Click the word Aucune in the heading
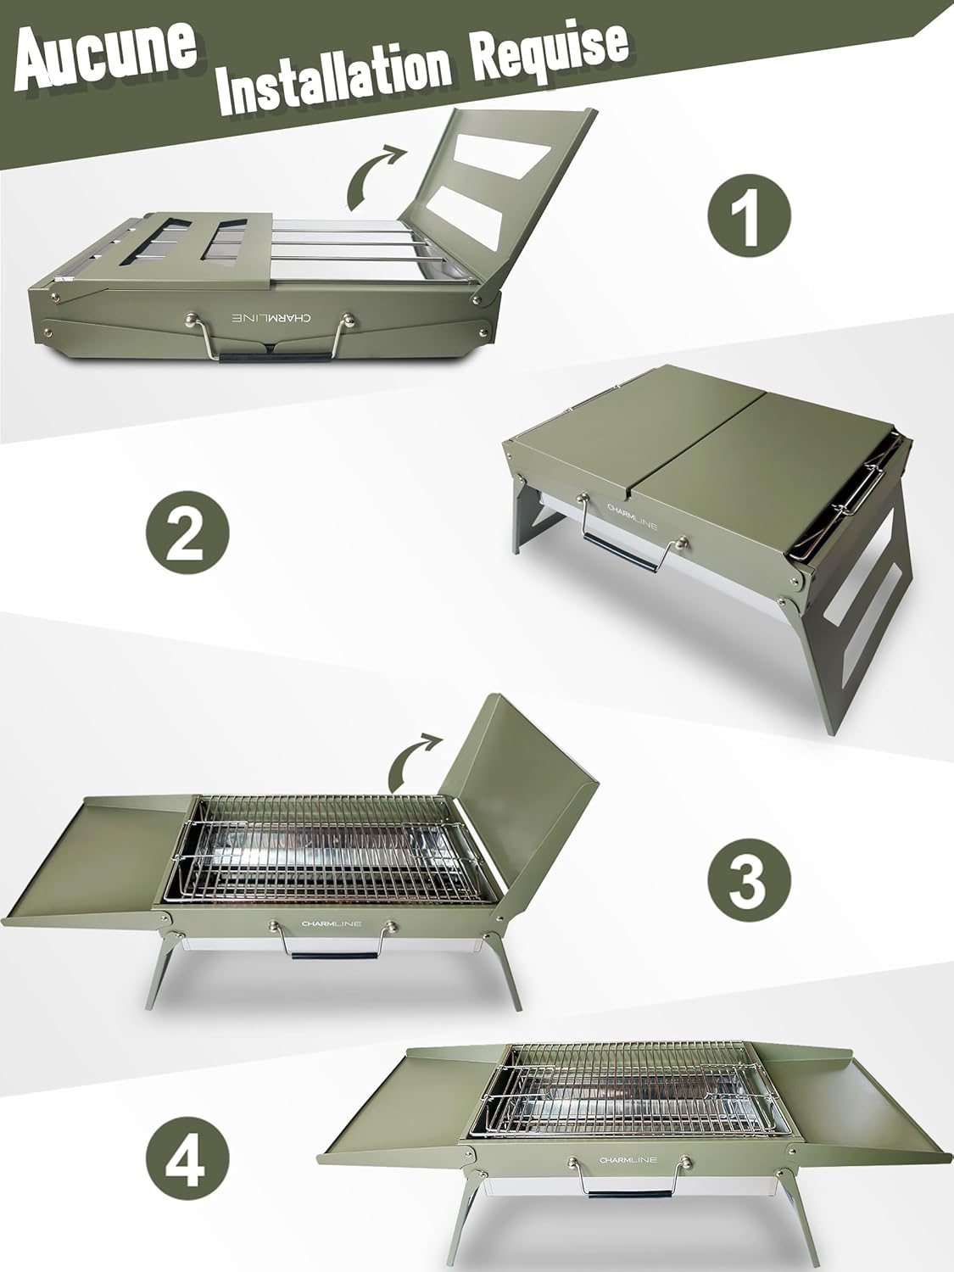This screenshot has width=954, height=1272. [x=106, y=53]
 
